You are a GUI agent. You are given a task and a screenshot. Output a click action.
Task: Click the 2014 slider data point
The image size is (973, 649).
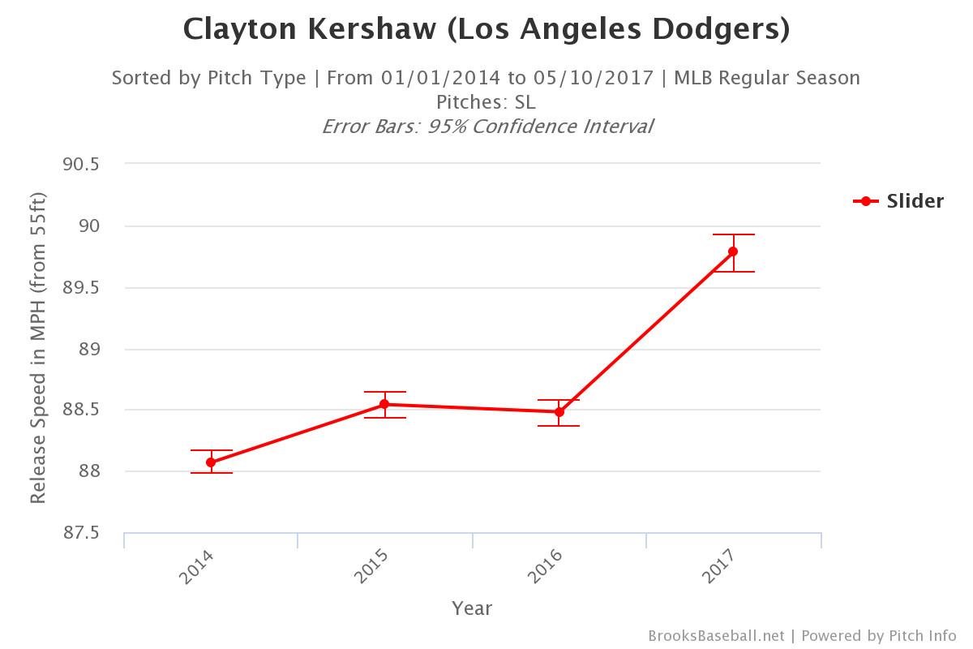[x=211, y=462]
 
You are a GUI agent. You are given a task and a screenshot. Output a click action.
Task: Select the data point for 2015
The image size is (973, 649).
[x=384, y=404]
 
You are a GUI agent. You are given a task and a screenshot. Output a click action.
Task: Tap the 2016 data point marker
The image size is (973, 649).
[x=559, y=412]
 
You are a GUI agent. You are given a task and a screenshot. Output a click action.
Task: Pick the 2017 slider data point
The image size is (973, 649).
[x=733, y=251]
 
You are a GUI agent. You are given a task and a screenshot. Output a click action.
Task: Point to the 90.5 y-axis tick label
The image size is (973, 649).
[x=79, y=164]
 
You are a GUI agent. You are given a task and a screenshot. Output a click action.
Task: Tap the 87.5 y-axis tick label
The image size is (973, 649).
[x=79, y=533]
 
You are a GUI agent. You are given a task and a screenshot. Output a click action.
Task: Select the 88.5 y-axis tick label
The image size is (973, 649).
[x=79, y=410]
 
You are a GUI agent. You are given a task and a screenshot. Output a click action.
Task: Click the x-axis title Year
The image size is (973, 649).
[x=472, y=608]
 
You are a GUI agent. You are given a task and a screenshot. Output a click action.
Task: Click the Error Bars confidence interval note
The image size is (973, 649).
[x=486, y=127]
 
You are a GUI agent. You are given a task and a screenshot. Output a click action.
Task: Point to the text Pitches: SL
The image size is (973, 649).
[x=486, y=102]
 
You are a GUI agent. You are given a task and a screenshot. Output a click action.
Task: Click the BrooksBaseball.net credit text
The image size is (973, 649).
[x=716, y=635]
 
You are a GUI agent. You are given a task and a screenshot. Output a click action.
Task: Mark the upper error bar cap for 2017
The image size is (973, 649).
[x=733, y=234]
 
